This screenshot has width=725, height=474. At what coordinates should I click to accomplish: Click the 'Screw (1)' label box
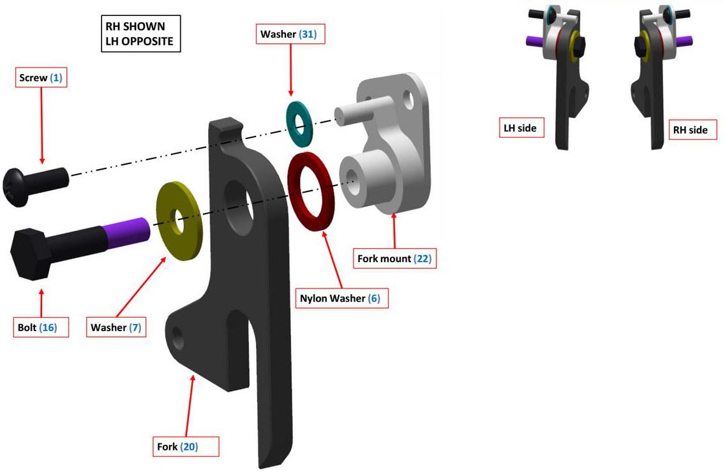pos(41,78)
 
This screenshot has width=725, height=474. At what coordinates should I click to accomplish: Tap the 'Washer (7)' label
pos(116,327)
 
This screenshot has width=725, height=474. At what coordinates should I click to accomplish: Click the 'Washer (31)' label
pos(291,34)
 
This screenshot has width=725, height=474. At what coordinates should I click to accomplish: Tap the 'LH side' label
pos(519,128)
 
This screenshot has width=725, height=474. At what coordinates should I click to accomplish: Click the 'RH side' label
pos(690,130)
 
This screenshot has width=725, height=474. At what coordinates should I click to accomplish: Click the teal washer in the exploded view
pos(297,122)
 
